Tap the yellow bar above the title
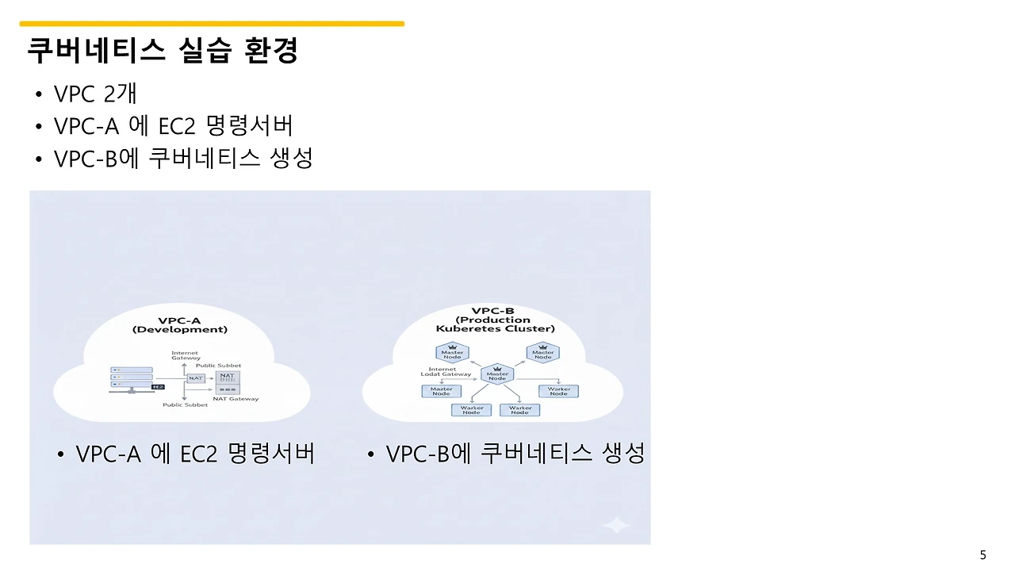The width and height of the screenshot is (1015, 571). (212, 24)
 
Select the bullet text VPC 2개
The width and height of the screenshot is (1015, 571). (95, 94)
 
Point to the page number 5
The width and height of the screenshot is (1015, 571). (983, 555)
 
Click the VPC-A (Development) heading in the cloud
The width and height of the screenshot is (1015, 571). (181, 325)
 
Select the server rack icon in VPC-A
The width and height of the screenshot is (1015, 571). (130, 377)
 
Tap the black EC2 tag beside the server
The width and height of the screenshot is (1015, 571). (157, 387)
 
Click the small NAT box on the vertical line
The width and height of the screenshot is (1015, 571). (196, 378)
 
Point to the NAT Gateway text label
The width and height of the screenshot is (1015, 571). (236, 399)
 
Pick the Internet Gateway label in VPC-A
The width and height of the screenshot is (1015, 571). (186, 355)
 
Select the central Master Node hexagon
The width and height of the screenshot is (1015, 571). (497, 374)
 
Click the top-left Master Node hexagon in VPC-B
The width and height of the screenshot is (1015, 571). (452, 354)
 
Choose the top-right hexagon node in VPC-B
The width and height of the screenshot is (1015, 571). (543, 354)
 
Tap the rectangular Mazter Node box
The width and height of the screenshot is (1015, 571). (441, 391)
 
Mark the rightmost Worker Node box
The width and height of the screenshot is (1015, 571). (558, 391)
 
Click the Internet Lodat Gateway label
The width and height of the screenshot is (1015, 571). (446, 372)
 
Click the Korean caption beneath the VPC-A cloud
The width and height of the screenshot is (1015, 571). (195, 454)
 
